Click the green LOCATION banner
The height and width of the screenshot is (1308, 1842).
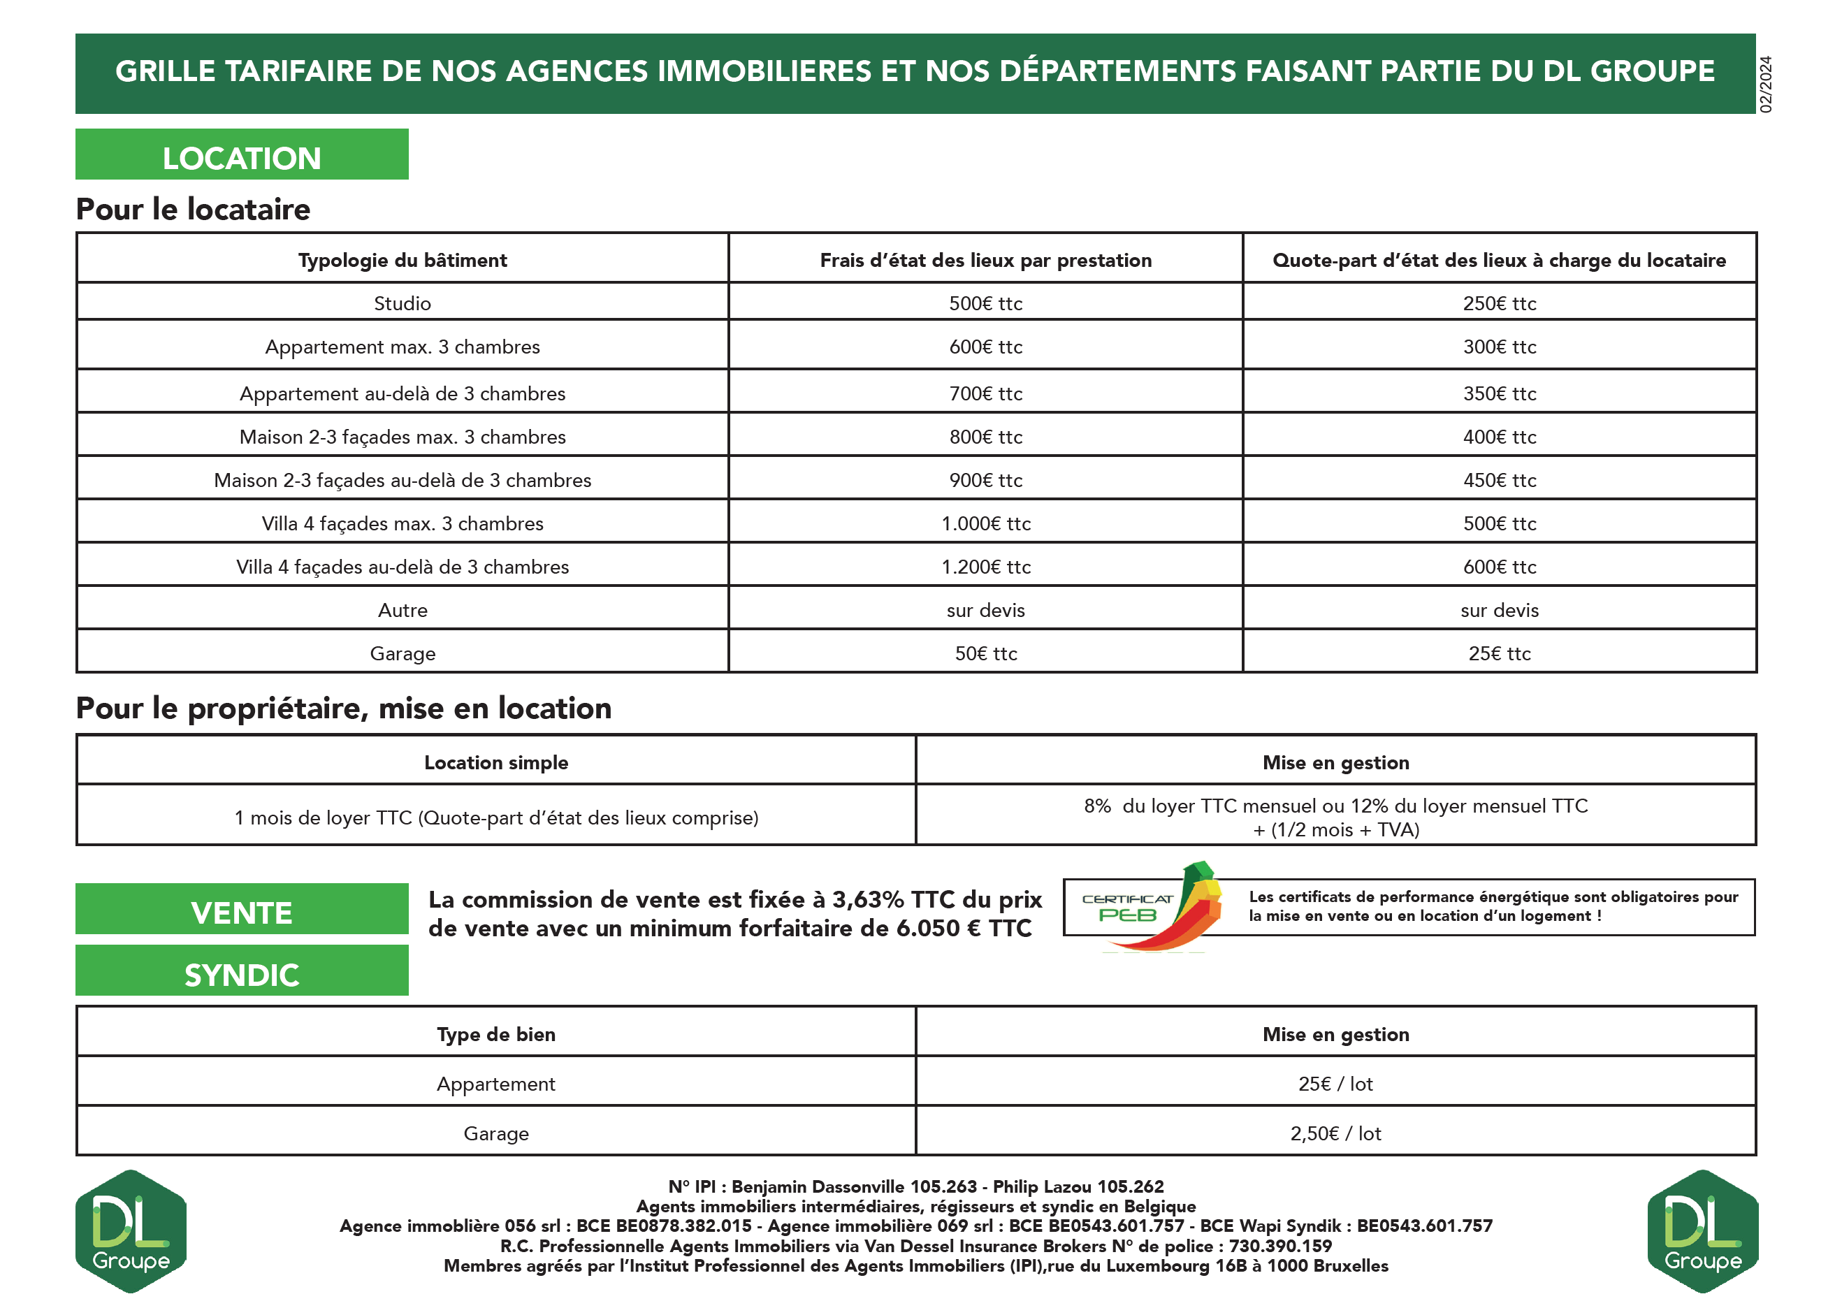click(x=242, y=154)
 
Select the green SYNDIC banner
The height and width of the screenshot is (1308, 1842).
click(x=242, y=971)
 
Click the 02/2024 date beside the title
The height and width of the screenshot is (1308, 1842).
click(x=1767, y=84)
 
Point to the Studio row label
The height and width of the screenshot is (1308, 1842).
click(x=402, y=304)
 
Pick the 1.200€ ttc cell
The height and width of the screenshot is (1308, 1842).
click(x=986, y=567)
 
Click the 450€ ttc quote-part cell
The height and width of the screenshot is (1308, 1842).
click(x=1499, y=480)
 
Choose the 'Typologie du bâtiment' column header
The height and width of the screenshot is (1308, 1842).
click(x=402, y=260)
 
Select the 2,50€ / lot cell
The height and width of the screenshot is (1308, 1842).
click(x=1335, y=1133)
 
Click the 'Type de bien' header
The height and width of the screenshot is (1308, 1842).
click(x=496, y=1034)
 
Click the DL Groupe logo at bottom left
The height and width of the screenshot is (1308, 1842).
click(x=131, y=1230)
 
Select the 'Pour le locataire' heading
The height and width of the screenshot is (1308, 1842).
click(x=194, y=209)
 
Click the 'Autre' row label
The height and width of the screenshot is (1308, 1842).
click(x=402, y=611)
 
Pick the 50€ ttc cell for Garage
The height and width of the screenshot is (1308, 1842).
click(x=986, y=653)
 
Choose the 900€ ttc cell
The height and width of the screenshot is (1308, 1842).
click(x=986, y=480)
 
